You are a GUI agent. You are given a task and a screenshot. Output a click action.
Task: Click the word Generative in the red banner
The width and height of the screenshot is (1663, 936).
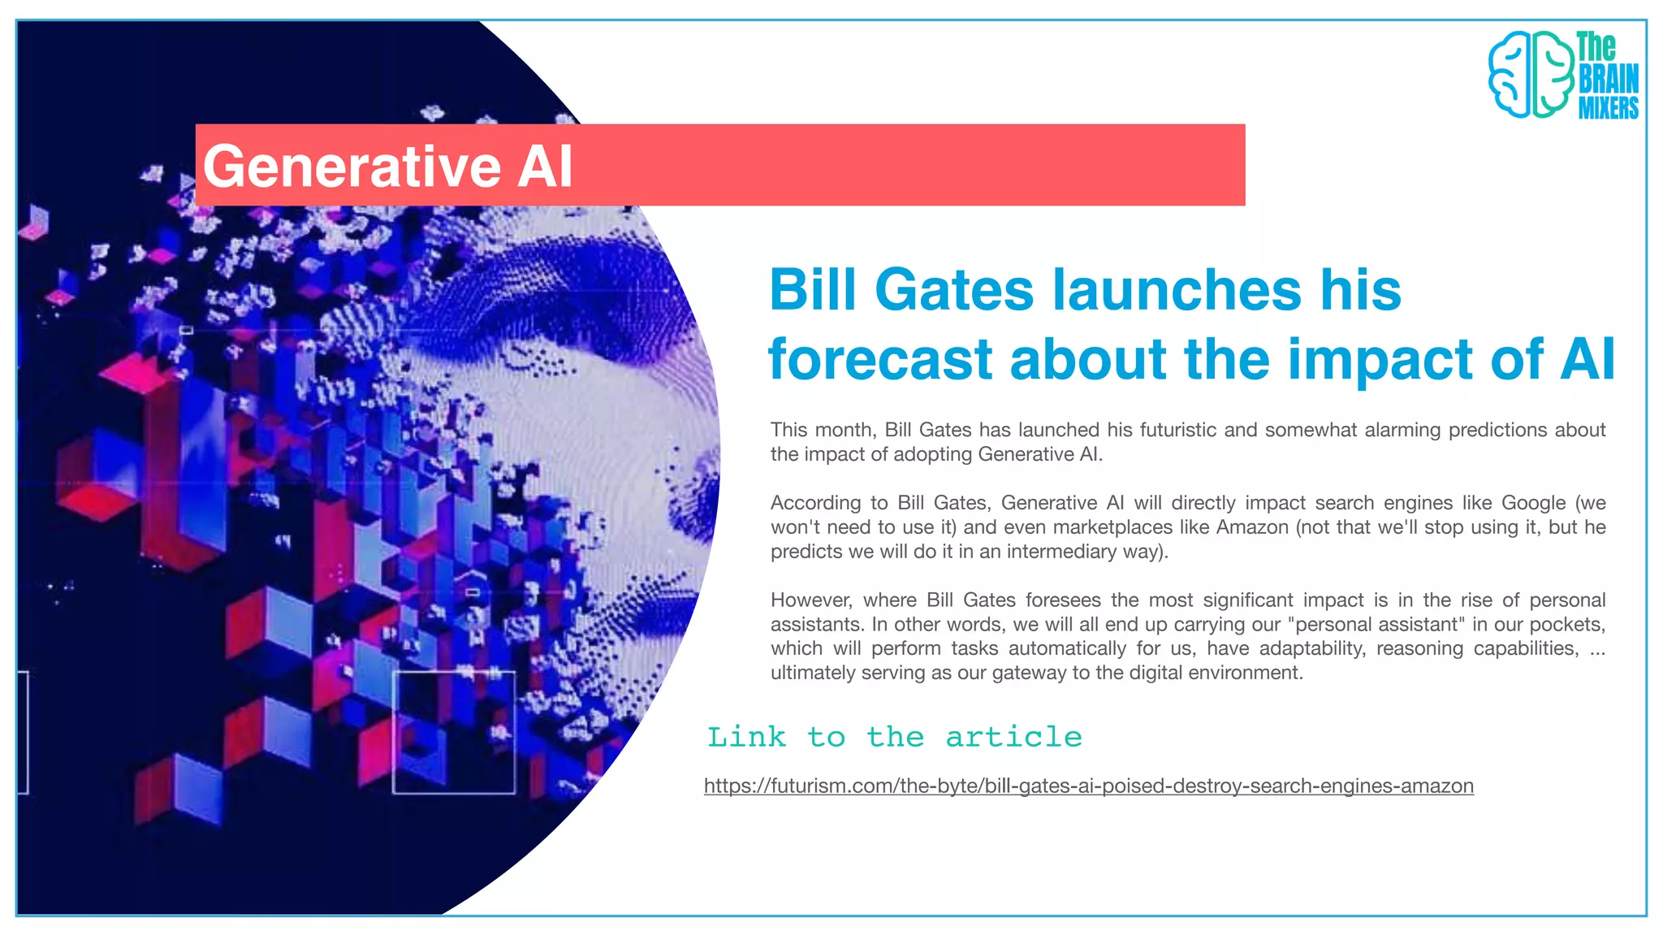point(352,167)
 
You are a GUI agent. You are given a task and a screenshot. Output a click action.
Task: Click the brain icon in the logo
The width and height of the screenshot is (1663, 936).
point(1530,75)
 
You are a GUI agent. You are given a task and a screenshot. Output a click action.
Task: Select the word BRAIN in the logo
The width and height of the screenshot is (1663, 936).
point(1608,79)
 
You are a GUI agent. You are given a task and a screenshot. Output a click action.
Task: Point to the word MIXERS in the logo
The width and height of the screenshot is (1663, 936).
point(1608,107)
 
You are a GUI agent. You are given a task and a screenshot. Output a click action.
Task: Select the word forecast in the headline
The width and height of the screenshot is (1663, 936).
point(880,360)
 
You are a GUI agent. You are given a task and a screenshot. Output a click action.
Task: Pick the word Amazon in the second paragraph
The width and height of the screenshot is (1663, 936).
point(1251,527)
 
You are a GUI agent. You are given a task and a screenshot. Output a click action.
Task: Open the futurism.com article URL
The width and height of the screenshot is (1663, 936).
point(1088,786)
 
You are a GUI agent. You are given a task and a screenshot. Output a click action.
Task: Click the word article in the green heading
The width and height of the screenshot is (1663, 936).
point(1013,737)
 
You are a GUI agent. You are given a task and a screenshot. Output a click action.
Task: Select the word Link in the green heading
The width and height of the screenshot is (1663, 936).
point(746,737)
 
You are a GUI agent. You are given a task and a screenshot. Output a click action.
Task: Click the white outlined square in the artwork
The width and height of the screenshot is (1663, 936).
point(454,732)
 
